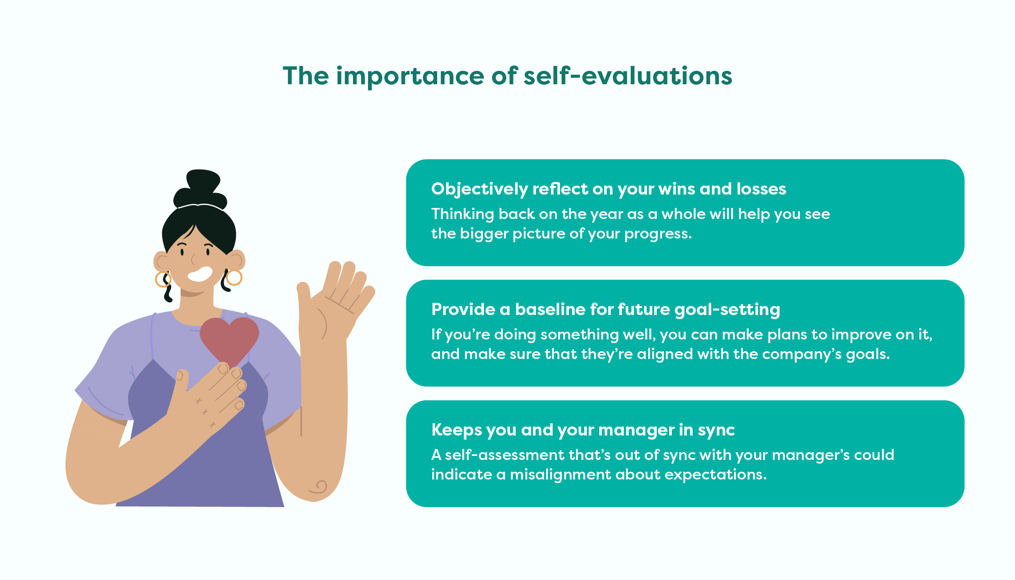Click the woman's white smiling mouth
[200, 274]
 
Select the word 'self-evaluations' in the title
[628, 76]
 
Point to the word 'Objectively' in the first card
[479, 189]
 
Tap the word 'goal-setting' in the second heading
[727, 310]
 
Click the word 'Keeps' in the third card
[456, 430]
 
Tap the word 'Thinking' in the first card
[463, 214]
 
